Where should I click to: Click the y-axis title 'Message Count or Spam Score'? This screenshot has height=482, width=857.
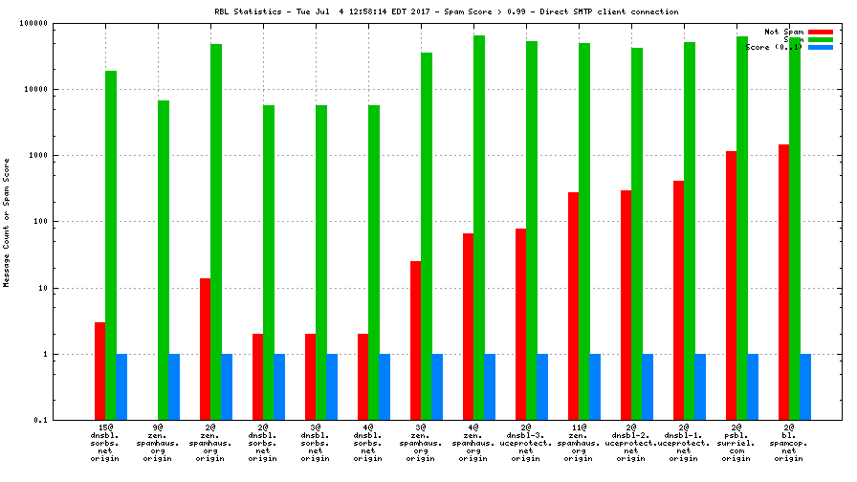pos(7,222)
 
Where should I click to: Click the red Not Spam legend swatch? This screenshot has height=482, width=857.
pos(820,32)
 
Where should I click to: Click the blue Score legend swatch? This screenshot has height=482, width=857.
pos(820,47)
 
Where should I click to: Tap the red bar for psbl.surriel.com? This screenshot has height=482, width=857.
pos(732,285)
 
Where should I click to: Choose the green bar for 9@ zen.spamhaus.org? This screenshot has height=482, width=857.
pos(164,260)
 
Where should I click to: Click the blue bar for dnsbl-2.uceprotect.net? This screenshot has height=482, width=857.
pos(648,386)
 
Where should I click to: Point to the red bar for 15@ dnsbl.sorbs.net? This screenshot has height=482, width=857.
pos(100,371)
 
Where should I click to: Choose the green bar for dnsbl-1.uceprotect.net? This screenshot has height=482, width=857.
pos(690,230)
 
